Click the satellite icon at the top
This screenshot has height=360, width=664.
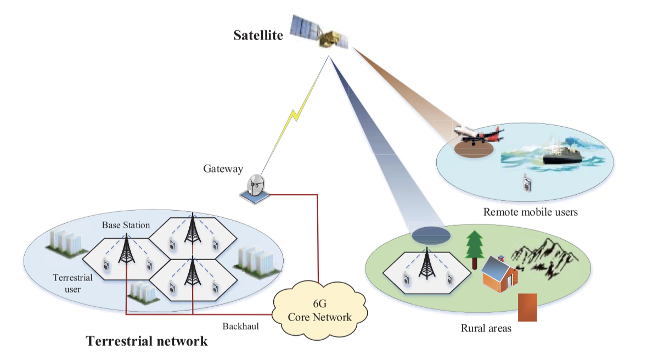pyautogui.click(x=320, y=33)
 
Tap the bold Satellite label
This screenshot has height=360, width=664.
pyautogui.click(x=258, y=36)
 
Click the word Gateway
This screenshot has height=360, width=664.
pyautogui.click(x=223, y=169)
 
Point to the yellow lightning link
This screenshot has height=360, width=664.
pyautogui.click(x=295, y=116)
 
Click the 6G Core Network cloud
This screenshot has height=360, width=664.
pyautogui.click(x=319, y=311)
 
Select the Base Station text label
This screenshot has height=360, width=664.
pyautogui.click(x=126, y=225)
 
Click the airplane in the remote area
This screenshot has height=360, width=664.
pyautogui.click(x=478, y=135)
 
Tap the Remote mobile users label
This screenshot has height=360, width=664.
pyautogui.click(x=530, y=211)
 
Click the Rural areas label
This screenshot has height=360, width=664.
pyautogui.click(x=486, y=329)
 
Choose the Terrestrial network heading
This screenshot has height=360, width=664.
pyautogui.click(x=147, y=341)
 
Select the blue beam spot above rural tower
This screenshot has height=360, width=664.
pyautogui.click(x=431, y=235)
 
